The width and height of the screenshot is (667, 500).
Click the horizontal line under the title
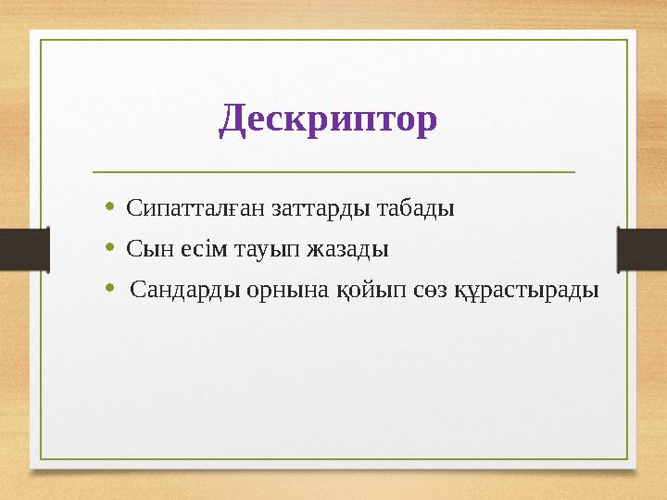(x=333, y=172)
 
